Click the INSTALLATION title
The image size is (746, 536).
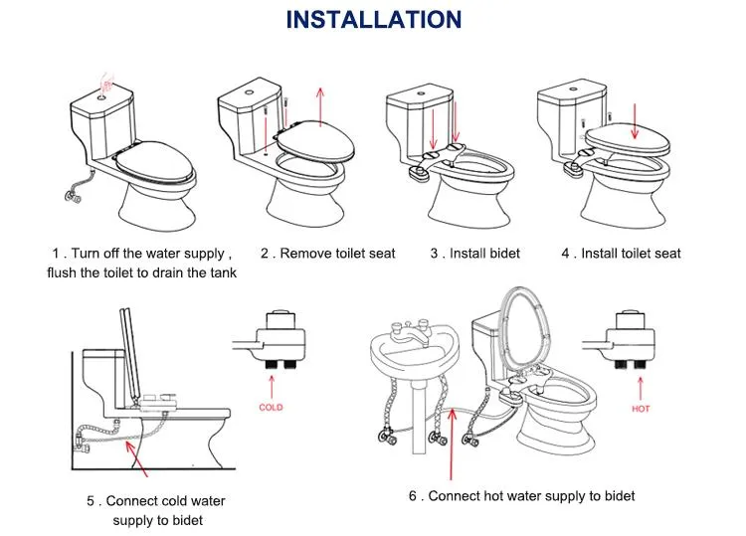point(373,19)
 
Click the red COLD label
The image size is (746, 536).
point(271,407)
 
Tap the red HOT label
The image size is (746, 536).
point(642,408)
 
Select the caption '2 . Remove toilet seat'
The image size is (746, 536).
point(327,254)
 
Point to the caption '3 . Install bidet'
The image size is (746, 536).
point(474,254)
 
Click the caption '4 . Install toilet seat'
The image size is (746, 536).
point(621,254)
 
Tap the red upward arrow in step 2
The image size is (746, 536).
point(320,109)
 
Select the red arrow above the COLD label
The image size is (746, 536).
point(270,384)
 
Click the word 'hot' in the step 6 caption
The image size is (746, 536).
point(497,495)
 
